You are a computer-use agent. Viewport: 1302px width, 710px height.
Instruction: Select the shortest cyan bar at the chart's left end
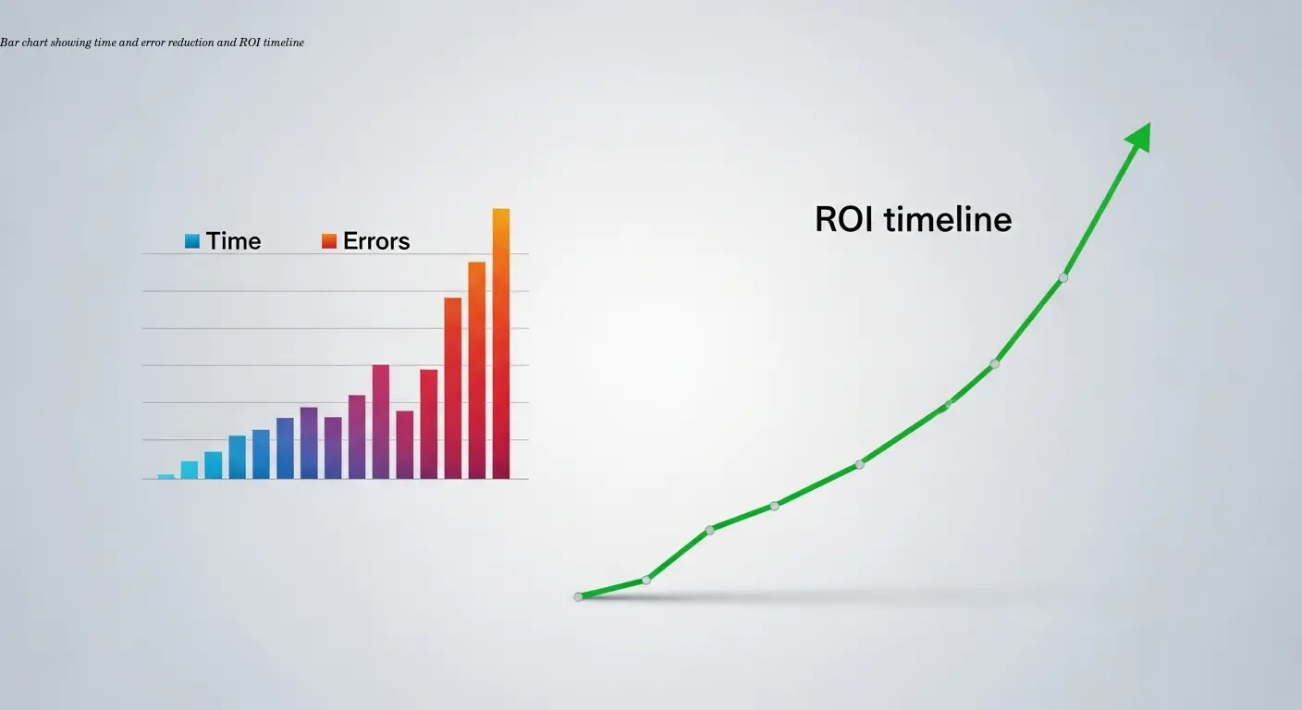(x=166, y=476)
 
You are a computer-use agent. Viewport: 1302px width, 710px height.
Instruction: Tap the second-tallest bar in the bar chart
(x=476, y=370)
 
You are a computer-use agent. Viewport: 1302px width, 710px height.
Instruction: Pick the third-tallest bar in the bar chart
(x=452, y=387)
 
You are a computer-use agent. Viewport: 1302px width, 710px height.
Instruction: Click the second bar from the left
(x=189, y=470)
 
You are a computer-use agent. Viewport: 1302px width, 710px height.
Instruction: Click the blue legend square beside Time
(x=192, y=241)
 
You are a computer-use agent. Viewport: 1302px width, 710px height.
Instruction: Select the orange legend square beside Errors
(x=329, y=241)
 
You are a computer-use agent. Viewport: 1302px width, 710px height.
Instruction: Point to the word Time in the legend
(x=233, y=241)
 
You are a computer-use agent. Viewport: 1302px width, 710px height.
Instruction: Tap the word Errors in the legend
(x=376, y=241)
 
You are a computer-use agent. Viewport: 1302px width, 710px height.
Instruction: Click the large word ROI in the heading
(x=845, y=220)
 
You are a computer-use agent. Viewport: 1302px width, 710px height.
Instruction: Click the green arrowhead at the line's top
(x=1139, y=137)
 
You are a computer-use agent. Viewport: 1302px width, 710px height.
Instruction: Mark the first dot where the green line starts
(x=579, y=596)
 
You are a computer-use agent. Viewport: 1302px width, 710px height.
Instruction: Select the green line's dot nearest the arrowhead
(x=1063, y=277)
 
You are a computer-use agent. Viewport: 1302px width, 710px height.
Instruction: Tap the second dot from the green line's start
(x=646, y=580)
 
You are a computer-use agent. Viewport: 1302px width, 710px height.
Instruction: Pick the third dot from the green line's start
(x=710, y=530)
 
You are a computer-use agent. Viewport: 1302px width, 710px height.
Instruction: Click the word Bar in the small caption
(x=8, y=43)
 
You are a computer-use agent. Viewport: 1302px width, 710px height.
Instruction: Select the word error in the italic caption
(x=152, y=43)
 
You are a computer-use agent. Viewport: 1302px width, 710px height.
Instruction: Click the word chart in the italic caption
(x=31, y=43)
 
